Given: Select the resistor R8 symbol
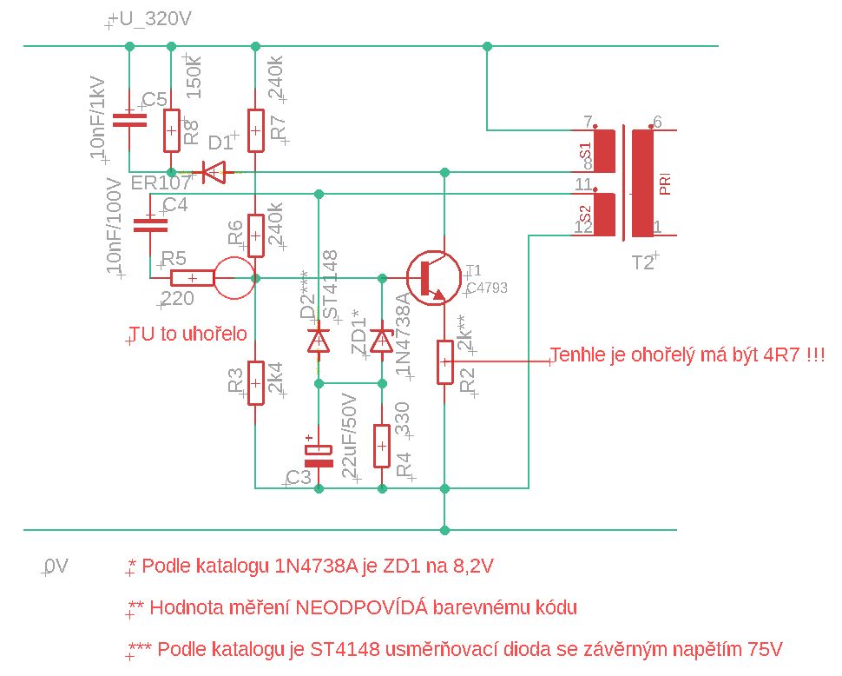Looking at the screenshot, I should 172,130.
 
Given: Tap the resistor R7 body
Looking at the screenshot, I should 255,130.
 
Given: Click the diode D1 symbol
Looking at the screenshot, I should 213,172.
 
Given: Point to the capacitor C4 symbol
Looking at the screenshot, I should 149,225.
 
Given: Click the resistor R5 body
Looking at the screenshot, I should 192,278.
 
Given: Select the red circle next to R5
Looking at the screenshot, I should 234,278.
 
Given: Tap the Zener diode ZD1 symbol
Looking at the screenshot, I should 382,339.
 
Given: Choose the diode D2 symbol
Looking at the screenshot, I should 319,339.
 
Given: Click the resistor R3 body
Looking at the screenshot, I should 255,383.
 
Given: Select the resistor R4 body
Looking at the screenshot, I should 382,446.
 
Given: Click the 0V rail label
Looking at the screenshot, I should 56,567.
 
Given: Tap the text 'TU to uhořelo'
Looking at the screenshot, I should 188,335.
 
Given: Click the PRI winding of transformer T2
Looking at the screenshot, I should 643,182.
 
